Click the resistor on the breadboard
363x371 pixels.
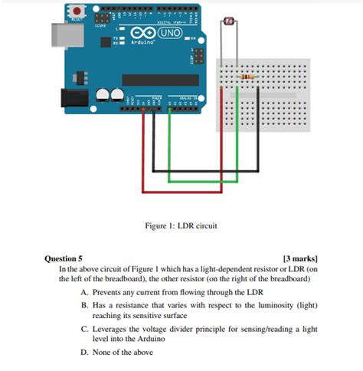(x=246, y=77)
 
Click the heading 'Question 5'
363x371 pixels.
(x=64, y=259)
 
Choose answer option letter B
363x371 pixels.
(x=84, y=305)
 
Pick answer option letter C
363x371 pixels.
(x=84, y=328)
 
